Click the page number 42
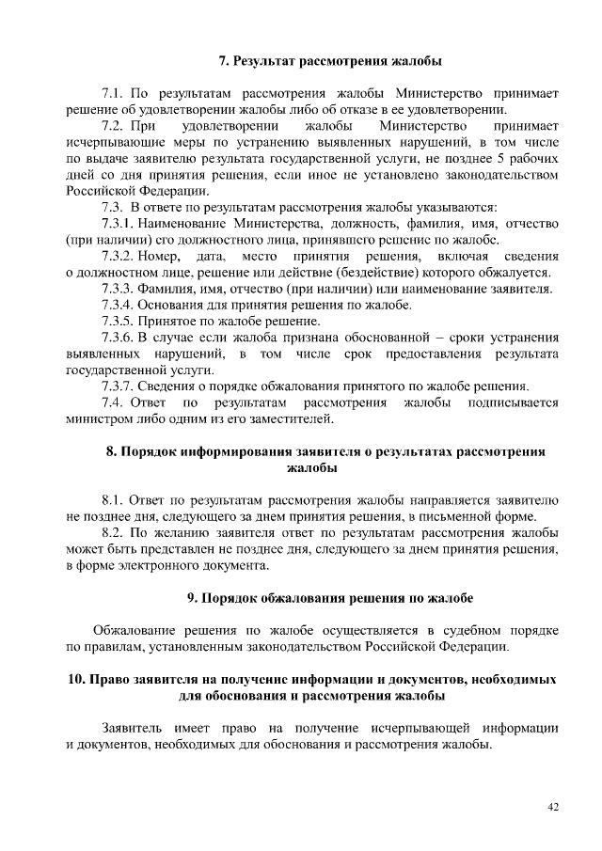553,808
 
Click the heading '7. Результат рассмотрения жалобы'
330,62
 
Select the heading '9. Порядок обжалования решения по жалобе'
329,598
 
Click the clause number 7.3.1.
118,223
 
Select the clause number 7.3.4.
118,305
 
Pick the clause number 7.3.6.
118,337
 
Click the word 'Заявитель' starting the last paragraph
131,729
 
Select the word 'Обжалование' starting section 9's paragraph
132,630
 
